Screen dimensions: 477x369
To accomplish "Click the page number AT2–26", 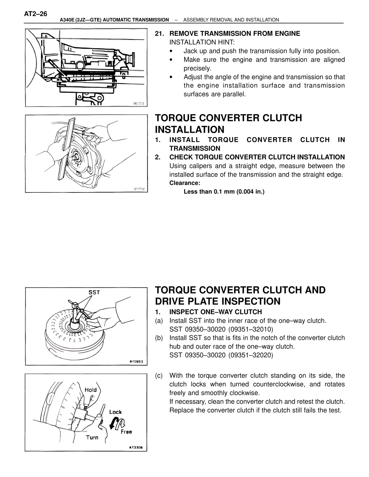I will point(35,14).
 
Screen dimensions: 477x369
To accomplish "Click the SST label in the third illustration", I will point(94,292).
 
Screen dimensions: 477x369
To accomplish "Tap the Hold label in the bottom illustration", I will point(91,390).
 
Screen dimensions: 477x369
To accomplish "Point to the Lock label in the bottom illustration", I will point(115,412).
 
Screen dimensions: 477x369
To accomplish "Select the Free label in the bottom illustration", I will point(126,432).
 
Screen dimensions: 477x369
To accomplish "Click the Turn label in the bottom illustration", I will point(92,438).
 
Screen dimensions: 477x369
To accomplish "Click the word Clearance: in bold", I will point(185,183).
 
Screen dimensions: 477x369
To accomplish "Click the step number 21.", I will point(159,34).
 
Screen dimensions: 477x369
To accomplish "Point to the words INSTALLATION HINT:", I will point(202,42).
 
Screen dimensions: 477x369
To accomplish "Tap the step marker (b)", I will point(159,338).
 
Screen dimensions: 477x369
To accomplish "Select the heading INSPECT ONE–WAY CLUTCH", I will point(216,312).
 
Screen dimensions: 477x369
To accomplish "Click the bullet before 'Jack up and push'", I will point(171,51).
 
